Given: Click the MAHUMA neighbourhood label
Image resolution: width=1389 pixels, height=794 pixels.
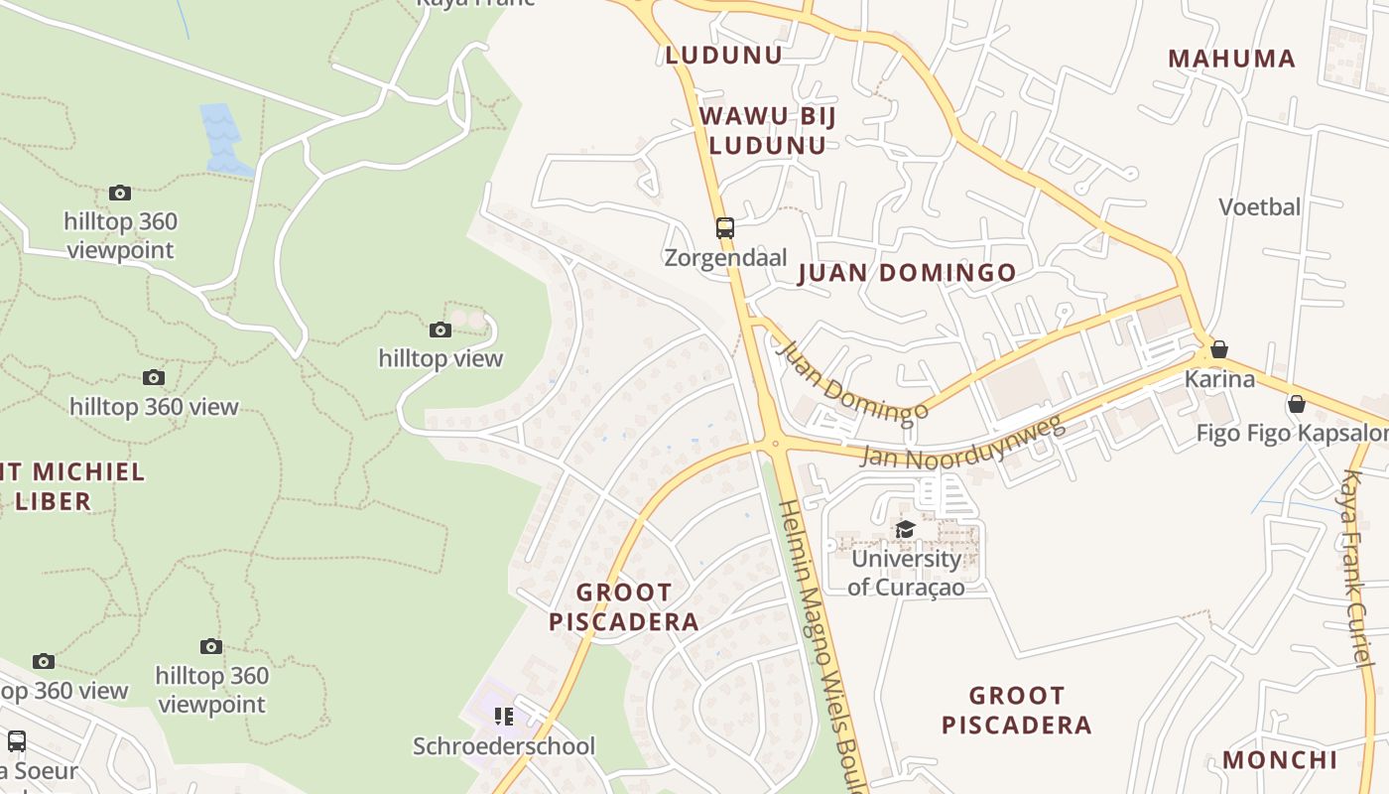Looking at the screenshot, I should pyautogui.click(x=1231, y=59).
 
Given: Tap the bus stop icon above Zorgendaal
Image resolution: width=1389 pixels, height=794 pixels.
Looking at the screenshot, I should pyautogui.click(x=725, y=228).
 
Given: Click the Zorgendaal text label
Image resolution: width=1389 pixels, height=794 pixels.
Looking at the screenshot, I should pyautogui.click(x=725, y=258).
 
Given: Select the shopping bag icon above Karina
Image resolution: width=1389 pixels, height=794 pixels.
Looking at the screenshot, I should pyautogui.click(x=1219, y=349).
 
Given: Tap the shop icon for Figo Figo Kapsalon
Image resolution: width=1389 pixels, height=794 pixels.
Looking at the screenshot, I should pyautogui.click(x=1296, y=404).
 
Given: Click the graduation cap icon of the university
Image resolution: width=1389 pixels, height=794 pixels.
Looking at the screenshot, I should pyautogui.click(x=905, y=530).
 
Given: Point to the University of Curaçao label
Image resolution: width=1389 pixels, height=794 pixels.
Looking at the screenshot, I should pyautogui.click(x=906, y=573).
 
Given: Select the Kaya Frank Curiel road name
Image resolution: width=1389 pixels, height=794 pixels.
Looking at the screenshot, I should pyautogui.click(x=1354, y=566).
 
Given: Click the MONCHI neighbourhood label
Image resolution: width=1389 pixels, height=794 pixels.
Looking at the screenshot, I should pyautogui.click(x=1280, y=760).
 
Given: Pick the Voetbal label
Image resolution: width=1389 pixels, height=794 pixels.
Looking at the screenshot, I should pyautogui.click(x=1259, y=207).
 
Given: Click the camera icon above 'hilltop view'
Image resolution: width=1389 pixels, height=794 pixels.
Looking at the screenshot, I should pyautogui.click(x=441, y=330).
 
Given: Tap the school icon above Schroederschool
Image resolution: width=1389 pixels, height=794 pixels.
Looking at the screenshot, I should pyautogui.click(x=504, y=717).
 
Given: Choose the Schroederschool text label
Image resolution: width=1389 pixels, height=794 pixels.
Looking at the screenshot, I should pyautogui.click(x=504, y=746).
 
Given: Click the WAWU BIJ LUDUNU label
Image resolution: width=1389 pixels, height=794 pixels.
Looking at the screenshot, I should pyautogui.click(x=768, y=130).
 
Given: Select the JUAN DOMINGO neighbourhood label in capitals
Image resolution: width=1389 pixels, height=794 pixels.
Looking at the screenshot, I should pyautogui.click(x=907, y=273).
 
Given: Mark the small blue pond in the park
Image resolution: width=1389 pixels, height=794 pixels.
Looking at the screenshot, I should pyautogui.click(x=223, y=137).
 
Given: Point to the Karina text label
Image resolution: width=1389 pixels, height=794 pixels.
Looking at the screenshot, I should pyautogui.click(x=1219, y=379).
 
